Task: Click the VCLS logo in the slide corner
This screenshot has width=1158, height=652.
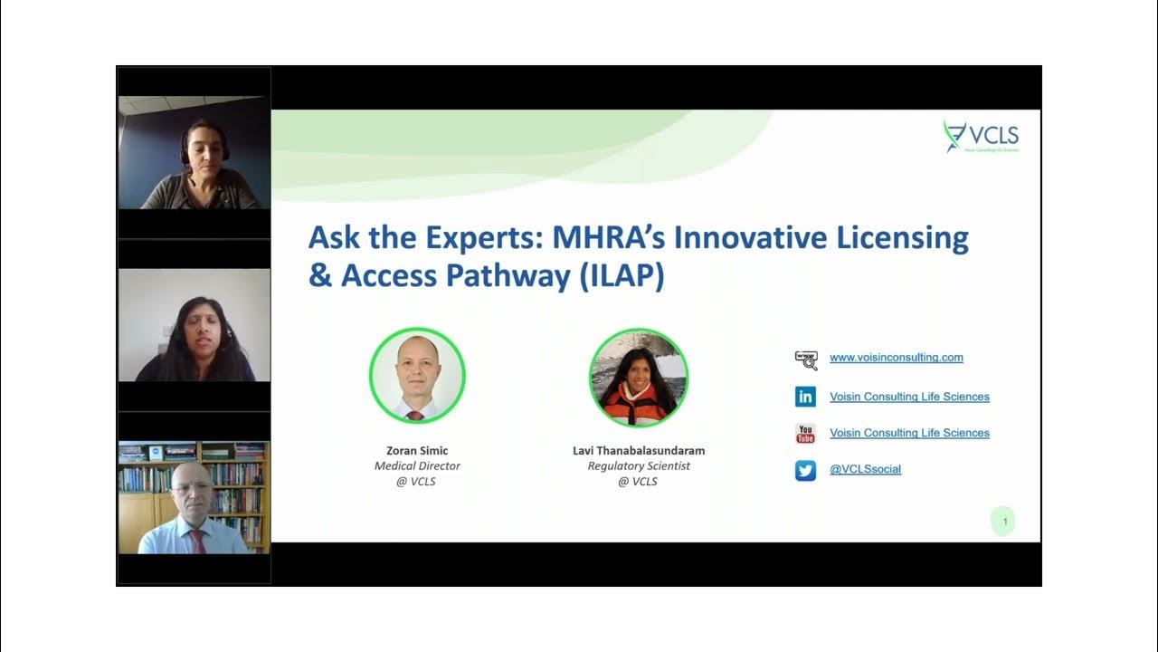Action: click(x=982, y=137)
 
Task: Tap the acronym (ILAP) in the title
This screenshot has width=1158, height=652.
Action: click(x=622, y=275)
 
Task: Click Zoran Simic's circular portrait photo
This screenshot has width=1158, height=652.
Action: click(x=417, y=376)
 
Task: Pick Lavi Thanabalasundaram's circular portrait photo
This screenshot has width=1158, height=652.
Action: click(x=639, y=378)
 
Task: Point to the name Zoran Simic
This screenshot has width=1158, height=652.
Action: click(x=417, y=451)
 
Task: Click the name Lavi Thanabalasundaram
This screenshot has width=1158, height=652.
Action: click(x=639, y=451)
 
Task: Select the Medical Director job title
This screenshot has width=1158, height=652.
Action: click(x=417, y=466)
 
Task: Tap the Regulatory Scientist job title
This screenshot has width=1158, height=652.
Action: click(x=639, y=466)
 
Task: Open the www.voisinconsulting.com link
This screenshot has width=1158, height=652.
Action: click(x=896, y=358)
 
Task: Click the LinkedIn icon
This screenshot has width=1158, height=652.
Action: click(x=805, y=397)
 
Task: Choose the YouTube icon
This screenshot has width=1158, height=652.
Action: click(x=805, y=434)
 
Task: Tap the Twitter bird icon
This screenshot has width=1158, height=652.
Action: click(x=805, y=470)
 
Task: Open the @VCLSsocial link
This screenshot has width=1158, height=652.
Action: click(x=865, y=469)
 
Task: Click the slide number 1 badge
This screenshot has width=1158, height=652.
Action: click(x=1004, y=522)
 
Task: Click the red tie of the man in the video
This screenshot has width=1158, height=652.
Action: click(x=196, y=541)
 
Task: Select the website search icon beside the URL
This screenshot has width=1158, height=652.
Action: click(x=805, y=360)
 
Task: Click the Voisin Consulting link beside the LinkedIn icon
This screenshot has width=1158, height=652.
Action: click(x=909, y=397)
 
